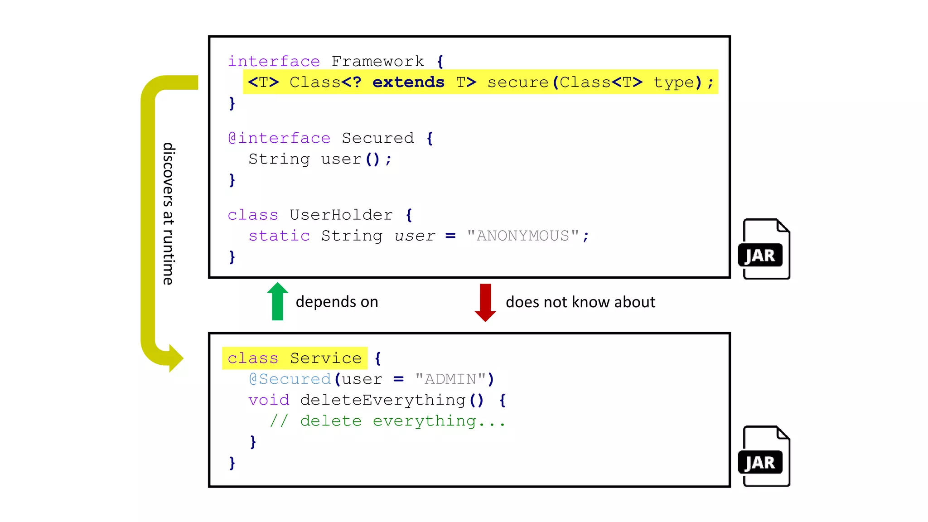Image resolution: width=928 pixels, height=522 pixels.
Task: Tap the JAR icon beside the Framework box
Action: (764, 249)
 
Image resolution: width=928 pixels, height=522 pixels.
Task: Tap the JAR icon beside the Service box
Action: (764, 456)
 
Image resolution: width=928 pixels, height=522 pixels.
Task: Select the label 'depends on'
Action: (337, 302)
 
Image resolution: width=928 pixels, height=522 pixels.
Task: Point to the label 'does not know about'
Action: (580, 302)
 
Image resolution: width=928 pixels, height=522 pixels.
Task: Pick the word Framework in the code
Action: (377, 61)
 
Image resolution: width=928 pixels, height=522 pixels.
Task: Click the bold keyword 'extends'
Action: (408, 82)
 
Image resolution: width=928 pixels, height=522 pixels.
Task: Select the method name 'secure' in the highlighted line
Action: (518, 82)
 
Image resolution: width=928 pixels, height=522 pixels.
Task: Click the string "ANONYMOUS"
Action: (523, 236)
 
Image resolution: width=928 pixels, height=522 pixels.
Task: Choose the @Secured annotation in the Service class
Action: (290, 379)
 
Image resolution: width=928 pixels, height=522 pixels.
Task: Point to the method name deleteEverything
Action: (383, 400)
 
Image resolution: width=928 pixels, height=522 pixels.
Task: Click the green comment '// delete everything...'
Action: (387, 421)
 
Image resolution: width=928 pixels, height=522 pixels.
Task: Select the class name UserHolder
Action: (341, 215)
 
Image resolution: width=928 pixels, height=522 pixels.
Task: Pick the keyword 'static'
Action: (279, 236)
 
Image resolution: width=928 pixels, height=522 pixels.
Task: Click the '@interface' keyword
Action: (279, 138)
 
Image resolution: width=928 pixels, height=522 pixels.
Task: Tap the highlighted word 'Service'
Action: (326, 358)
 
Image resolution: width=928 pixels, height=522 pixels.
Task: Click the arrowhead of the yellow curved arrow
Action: (175, 358)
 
